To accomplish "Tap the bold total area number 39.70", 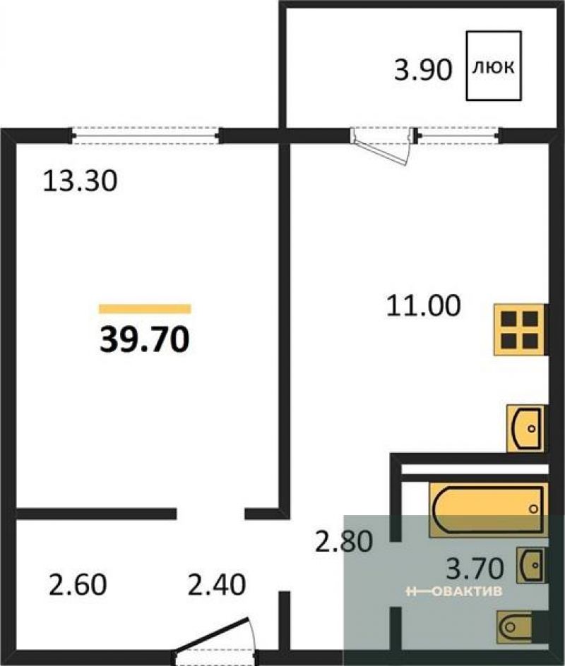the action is click(x=145, y=340).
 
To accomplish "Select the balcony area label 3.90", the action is click(x=423, y=70).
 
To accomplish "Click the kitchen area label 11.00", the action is click(x=424, y=305).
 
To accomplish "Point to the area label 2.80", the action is click(x=343, y=542).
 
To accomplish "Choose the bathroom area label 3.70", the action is click(x=475, y=569).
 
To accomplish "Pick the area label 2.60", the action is click(x=78, y=584).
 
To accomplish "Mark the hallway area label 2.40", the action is click(x=217, y=584).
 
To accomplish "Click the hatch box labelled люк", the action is click(x=494, y=66).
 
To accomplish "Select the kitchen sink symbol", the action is click(x=525, y=428).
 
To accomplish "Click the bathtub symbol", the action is click(x=487, y=509).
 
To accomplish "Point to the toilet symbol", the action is click(x=515, y=626).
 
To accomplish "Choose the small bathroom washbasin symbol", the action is click(x=530, y=565).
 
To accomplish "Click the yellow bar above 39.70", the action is click(x=145, y=309).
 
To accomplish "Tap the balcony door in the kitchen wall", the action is click(x=382, y=146).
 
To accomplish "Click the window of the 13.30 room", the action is click(x=145, y=136).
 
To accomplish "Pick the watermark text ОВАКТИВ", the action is click(x=466, y=591).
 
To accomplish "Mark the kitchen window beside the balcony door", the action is click(x=458, y=136).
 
